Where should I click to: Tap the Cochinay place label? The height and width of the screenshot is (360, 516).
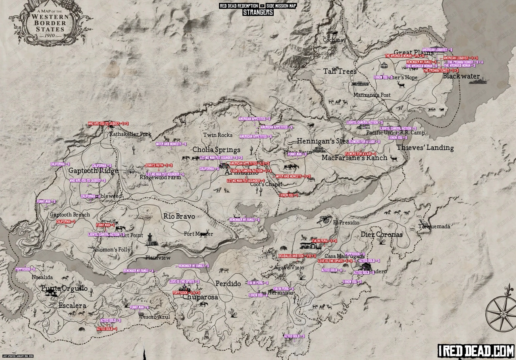tap(335, 40)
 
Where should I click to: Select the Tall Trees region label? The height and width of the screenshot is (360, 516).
tap(340, 71)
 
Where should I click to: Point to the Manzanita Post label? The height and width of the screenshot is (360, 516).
tap(372, 95)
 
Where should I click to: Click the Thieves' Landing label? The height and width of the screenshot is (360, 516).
tap(425, 148)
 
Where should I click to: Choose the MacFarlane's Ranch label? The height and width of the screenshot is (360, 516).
tap(354, 158)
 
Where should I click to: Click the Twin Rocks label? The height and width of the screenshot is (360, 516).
tap(218, 135)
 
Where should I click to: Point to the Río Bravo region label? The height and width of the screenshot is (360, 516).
tap(179, 216)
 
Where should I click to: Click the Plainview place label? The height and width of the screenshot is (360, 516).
tap(158, 258)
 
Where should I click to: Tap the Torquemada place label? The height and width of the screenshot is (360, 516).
tap(434, 227)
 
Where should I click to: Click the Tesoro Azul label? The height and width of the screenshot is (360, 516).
tap(154, 317)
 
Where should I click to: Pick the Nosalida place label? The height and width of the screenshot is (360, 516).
tap(42, 277)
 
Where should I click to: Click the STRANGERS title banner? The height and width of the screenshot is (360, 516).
tap(258, 12)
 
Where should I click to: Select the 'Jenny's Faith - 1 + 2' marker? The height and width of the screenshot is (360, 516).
tap(159, 165)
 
